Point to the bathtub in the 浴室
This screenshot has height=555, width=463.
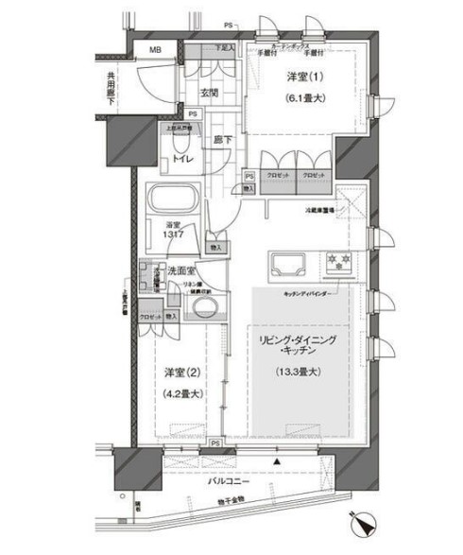click(x=172, y=199)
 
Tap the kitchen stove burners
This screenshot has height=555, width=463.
click(x=336, y=262)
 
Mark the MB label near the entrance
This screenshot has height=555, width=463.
click(x=154, y=52)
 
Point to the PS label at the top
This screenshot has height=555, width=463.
click(x=228, y=24)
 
